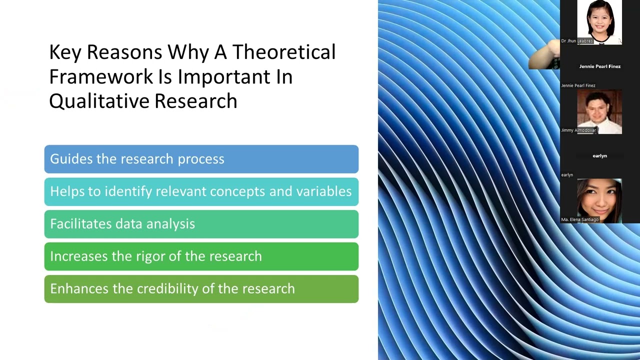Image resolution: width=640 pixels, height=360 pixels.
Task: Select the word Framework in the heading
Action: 101,76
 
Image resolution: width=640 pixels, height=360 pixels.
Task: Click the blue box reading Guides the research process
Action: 201,159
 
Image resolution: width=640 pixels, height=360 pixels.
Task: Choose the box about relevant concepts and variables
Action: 201,191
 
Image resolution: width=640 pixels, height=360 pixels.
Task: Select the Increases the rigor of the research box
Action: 201,256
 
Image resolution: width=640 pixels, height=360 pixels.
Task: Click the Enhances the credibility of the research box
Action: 201,289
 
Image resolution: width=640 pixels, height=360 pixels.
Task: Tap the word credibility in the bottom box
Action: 167,289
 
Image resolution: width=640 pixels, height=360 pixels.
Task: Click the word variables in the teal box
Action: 323,191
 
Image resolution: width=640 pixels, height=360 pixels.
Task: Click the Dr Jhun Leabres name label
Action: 577,41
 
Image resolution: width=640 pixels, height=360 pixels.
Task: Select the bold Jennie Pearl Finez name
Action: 599,66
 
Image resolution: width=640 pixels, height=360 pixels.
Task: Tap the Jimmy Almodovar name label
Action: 578,130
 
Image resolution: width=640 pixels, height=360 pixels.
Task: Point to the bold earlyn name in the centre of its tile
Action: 599,155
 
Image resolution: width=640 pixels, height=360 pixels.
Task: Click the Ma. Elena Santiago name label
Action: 579,219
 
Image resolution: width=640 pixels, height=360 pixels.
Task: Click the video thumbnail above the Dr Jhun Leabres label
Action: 599,22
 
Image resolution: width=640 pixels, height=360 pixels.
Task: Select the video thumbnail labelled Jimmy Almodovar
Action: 599,111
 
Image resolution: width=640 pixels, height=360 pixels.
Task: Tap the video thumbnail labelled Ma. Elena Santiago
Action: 599,201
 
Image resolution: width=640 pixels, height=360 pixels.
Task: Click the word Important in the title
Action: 223,77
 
